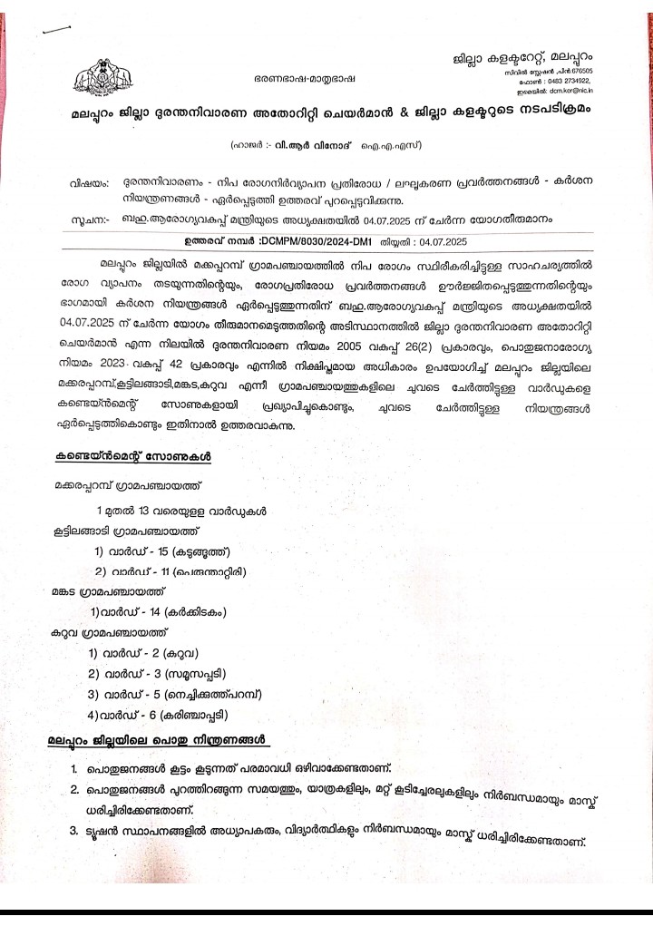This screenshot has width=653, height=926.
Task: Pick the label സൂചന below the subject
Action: point(88,220)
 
